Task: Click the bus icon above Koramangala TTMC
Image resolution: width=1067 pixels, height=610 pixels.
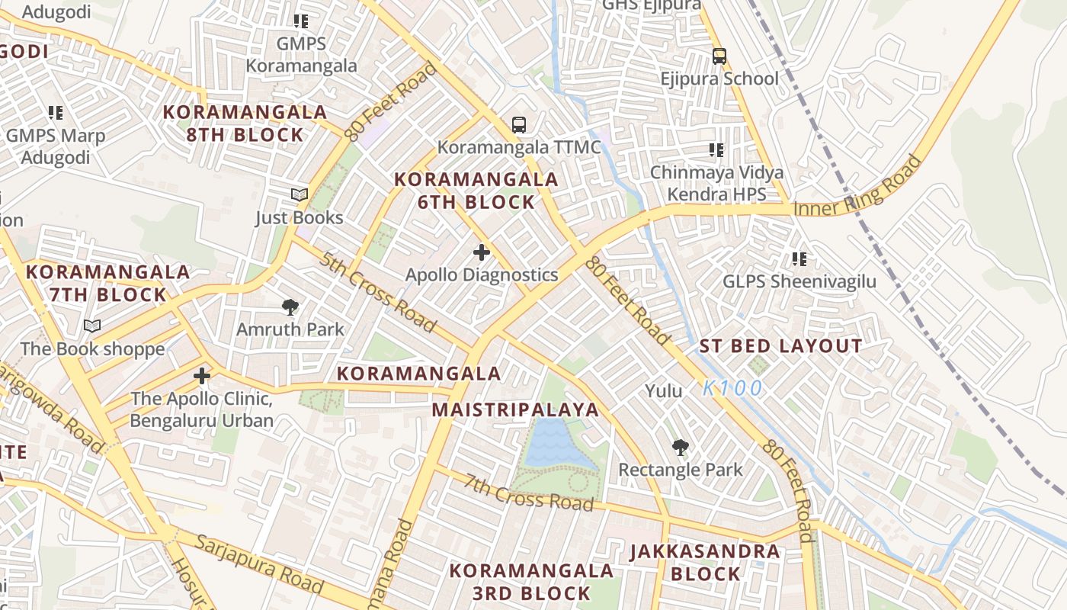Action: pos(519,124)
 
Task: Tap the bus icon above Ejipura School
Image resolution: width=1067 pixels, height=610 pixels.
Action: pos(719,56)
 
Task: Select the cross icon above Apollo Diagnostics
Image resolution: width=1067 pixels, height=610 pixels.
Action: pos(482,252)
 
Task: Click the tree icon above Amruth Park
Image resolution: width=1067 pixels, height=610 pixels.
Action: pos(290,307)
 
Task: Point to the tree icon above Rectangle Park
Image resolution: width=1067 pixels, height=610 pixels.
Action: pos(680,448)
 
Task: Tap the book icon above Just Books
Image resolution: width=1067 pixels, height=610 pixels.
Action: pos(300,195)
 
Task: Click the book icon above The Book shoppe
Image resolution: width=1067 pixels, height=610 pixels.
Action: pos(92,326)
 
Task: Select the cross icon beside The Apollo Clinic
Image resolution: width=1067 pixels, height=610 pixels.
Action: pos(202,376)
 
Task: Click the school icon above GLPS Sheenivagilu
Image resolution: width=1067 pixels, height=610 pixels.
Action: pos(799,259)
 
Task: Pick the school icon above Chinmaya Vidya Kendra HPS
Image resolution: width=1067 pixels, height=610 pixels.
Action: pos(716,150)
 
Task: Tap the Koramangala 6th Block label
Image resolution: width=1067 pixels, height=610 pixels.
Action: pos(476,191)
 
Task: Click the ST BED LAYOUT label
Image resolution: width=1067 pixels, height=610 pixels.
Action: pos(780,346)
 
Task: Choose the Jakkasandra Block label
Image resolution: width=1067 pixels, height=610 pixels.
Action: pos(705,562)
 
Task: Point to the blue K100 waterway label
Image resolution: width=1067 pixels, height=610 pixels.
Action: pos(732,389)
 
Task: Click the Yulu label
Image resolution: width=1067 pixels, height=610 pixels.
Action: pos(664,391)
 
